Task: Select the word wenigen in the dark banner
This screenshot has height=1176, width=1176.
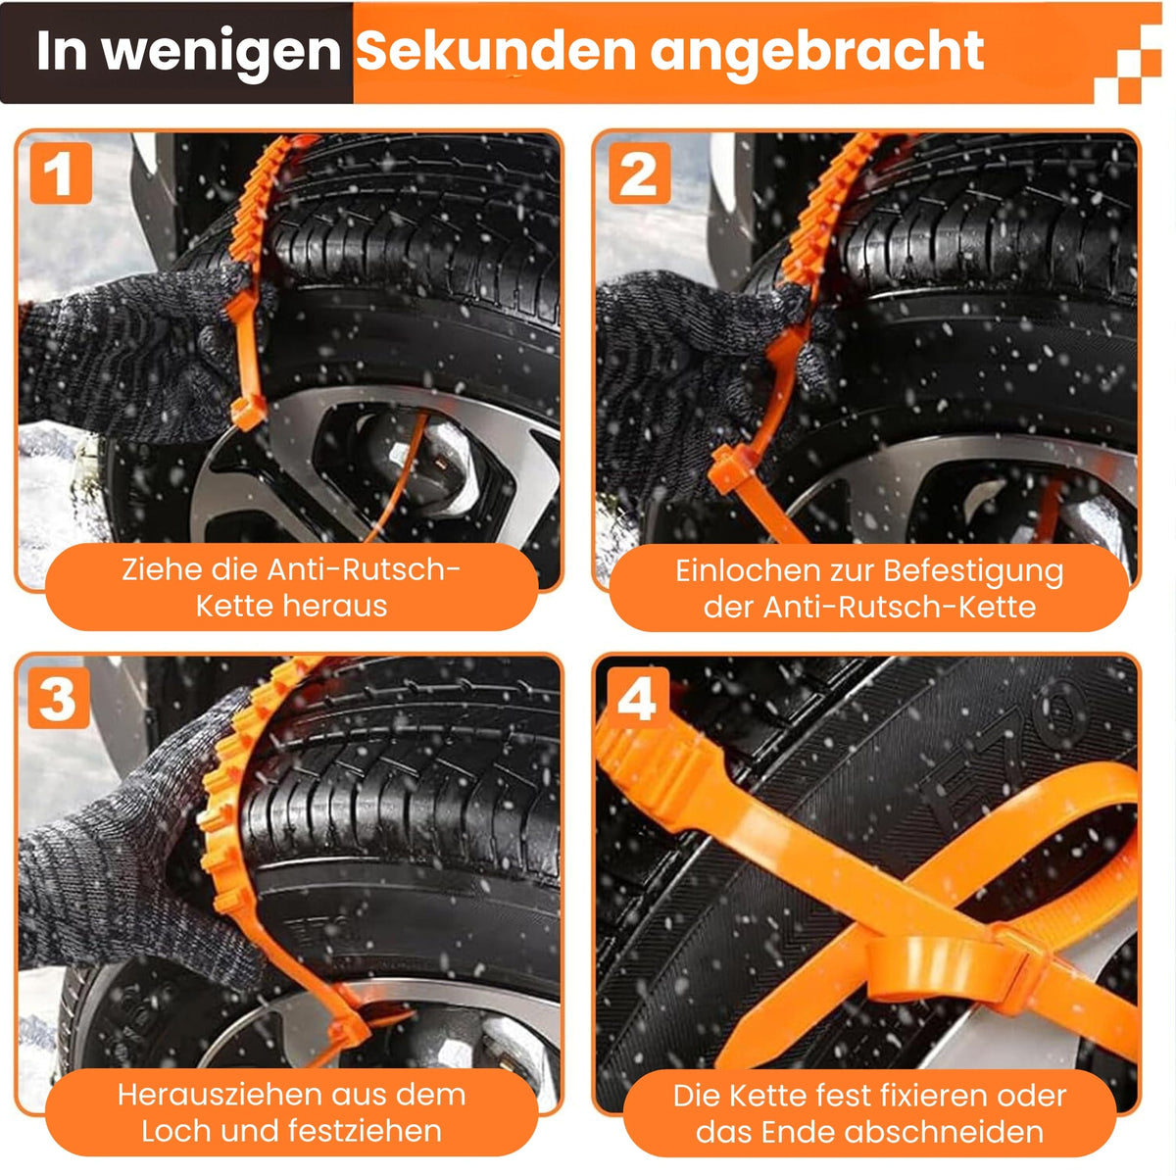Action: click(221, 51)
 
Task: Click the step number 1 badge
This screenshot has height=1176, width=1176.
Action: click(60, 173)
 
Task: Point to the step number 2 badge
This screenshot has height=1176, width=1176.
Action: click(639, 173)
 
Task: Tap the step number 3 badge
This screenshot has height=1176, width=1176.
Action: click(58, 698)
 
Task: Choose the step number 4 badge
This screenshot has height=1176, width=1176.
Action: click(637, 698)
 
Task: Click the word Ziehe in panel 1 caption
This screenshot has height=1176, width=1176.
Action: click(151, 569)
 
